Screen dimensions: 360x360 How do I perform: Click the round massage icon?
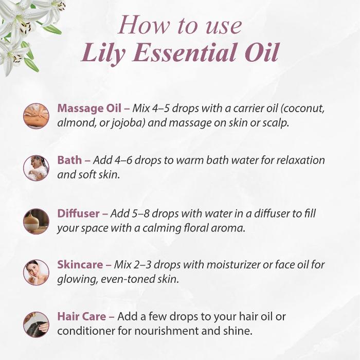(x=36, y=116)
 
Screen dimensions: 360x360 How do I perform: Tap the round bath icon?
(x=36, y=168)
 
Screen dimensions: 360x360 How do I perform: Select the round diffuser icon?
(x=36, y=221)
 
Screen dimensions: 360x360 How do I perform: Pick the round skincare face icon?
(x=36, y=273)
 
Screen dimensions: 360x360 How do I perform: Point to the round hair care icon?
(x=36, y=325)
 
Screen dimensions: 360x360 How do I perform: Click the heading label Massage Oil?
(x=89, y=109)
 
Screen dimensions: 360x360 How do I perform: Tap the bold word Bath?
(x=69, y=160)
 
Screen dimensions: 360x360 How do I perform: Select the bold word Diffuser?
(x=78, y=213)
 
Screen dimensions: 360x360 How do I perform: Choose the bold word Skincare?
(x=80, y=265)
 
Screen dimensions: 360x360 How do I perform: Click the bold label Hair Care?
(x=81, y=316)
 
